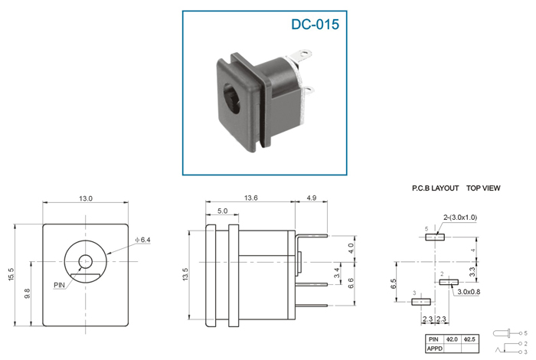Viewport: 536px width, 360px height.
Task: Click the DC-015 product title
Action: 315,25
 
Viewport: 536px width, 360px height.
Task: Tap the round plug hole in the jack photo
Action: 234,98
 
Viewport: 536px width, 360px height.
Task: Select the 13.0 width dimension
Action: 86,198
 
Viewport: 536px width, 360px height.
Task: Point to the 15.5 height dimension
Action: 11,275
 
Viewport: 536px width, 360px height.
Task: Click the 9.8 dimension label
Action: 28,293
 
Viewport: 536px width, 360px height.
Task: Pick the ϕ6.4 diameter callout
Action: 142,240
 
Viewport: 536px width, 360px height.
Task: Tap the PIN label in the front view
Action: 59,285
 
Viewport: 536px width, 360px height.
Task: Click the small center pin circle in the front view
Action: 86,262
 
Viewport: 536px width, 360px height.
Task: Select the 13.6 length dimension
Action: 250,198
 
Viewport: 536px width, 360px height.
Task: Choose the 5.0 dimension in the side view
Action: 222,211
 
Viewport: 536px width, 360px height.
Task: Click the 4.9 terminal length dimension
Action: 312,198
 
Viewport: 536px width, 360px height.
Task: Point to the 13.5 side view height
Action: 185,274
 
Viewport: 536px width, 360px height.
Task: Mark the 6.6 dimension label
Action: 351,283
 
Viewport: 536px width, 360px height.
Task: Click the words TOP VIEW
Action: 483,188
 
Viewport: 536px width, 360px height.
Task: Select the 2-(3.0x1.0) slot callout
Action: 460,217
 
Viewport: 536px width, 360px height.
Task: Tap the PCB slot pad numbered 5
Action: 435,237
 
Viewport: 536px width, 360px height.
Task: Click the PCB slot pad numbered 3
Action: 421,302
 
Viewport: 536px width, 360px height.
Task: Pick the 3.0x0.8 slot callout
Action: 469,292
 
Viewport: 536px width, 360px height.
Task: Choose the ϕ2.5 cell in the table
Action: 470,339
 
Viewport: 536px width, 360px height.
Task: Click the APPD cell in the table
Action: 434,349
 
